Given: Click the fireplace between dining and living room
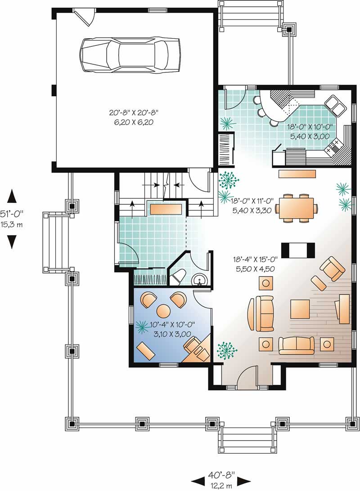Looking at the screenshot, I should coord(297,249).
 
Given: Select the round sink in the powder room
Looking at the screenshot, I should coord(198,281).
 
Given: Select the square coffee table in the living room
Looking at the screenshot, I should coord(300,309).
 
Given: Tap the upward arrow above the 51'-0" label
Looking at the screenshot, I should coord(12,196).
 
